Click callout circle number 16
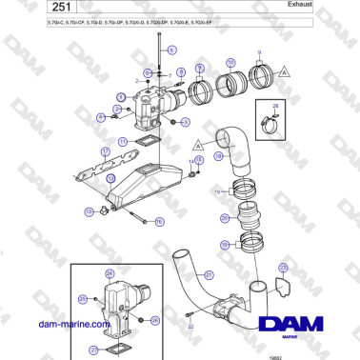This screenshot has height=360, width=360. tap(159, 221)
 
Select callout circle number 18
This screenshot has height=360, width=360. tap(218, 154)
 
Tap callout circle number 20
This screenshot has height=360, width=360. tap(224, 218)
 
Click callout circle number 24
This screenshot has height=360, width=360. tap(109, 274)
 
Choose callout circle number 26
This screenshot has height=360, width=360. tap(155, 320)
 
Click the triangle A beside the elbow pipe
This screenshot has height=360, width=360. tap(196, 144)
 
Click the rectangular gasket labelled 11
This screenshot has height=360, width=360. tap(144, 143)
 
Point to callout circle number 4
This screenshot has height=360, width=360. tap(101, 116)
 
